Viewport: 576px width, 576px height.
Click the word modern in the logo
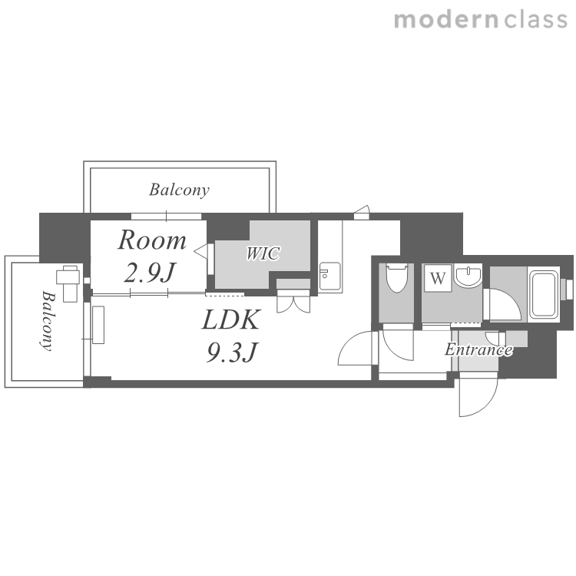(x=446, y=20)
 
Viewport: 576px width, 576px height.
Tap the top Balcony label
(x=179, y=190)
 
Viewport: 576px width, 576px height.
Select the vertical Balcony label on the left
(x=48, y=321)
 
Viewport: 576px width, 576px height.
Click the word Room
(x=152, y=240)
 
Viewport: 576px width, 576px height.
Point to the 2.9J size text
(x=150, y=273)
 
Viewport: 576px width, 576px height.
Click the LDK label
(x=231, y=319)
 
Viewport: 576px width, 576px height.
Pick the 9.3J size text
(x=233, y=352)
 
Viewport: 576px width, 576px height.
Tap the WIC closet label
(x=263, y=254)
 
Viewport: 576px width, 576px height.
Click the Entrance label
(x=478, y=349)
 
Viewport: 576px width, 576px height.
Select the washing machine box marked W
(x=438, y=279)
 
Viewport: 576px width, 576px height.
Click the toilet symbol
(x=396, y=278)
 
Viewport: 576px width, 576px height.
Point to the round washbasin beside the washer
(x=468, y=276)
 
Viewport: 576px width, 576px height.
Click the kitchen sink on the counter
(x=329, y=276)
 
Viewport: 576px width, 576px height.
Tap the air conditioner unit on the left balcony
(x=68, y=283)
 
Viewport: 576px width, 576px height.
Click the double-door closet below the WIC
(x=293, y=301)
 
